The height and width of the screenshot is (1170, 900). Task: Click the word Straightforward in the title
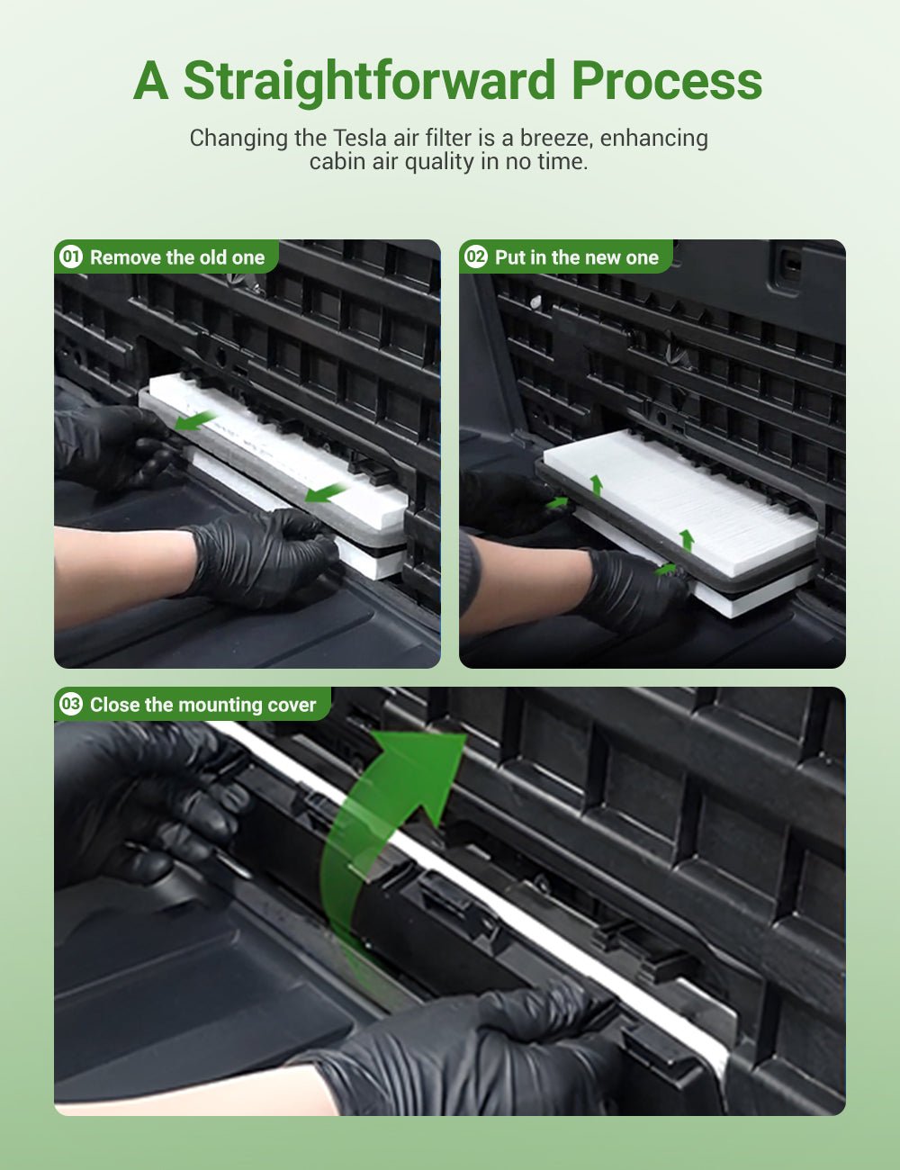[x=370, y=81]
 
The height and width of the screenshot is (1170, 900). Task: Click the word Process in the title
[x=666, y=81]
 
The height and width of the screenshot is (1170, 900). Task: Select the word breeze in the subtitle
[x=555, y=138]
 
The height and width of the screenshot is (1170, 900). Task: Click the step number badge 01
[x=70, y=257]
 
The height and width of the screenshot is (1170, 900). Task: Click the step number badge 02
[x=475, y=257]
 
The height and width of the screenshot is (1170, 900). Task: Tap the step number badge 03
[x=70, y=705]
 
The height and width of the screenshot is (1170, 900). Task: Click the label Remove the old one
[x=177, y=257]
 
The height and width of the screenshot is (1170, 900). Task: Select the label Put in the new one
[x=577, y=257]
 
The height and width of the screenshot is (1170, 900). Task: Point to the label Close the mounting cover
[x=202, y=705]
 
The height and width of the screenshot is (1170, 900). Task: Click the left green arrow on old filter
[x=195, y=420]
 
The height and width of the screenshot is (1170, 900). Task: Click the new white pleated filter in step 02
[x=679, y=499]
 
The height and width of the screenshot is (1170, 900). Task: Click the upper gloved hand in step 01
[x=108, y=445]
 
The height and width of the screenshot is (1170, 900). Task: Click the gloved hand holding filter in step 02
[x=630, y=589]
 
